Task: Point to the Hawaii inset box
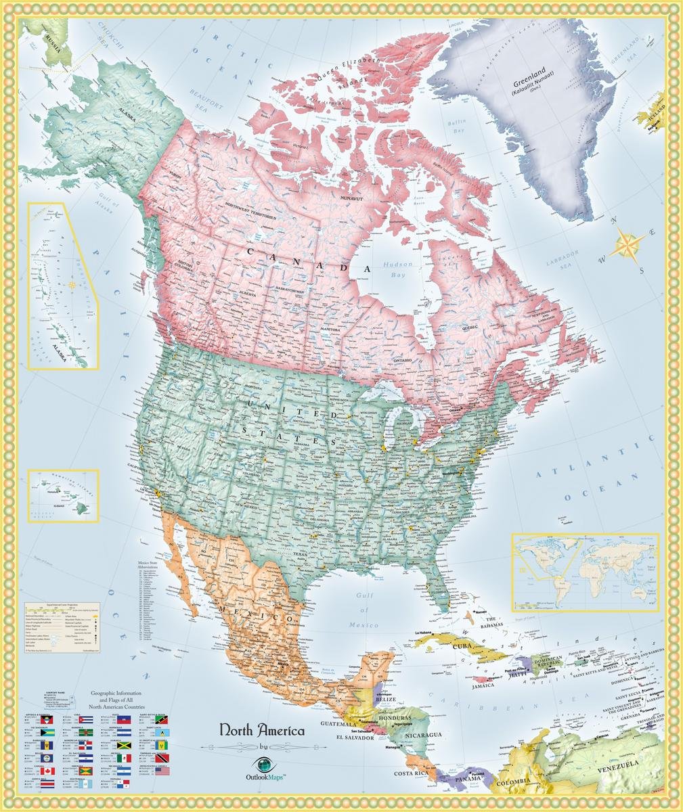pos(63,495)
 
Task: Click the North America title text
pos(261,731)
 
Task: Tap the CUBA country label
pos(463,646)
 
